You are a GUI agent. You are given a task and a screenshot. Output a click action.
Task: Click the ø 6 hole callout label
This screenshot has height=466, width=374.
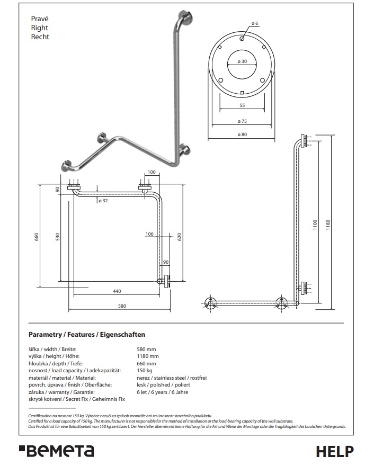coord(255,23)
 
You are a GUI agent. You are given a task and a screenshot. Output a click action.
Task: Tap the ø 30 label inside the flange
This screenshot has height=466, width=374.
coord(242,61)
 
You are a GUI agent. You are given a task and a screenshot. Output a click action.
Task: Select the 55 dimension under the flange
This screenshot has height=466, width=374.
coord(242,105)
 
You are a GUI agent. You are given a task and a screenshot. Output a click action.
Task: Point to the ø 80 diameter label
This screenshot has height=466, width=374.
coord(242,135)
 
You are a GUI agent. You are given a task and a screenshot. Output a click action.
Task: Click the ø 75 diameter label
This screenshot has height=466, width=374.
coord(242,121)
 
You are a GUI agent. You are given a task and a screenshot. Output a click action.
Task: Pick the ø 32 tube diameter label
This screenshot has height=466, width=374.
coord(103,201)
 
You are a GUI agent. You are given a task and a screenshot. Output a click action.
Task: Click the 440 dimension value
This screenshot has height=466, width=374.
coord(117,291)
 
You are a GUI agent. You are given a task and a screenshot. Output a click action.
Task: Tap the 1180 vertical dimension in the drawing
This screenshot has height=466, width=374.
coord(328,225)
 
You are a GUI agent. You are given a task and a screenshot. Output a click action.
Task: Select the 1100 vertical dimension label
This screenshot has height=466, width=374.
coord(315,225)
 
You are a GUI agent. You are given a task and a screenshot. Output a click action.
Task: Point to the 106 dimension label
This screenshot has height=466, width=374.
coord(149,234)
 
